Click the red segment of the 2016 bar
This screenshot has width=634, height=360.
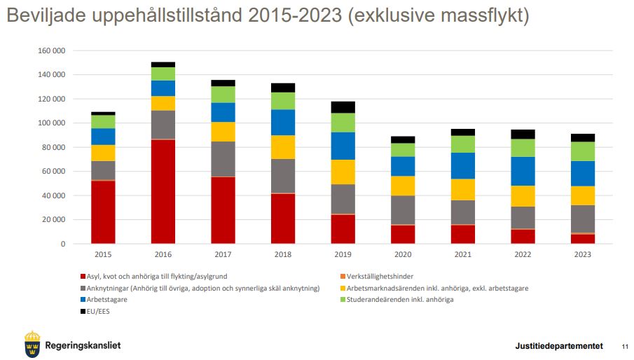tap(163, 191)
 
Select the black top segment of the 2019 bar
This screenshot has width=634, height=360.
tap(343, 107)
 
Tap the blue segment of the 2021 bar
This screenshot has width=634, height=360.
tap(462, 165)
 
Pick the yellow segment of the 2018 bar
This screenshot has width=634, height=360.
tap(282, 147)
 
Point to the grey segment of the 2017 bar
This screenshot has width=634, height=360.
tap(223, 159)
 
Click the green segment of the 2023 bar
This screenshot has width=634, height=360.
tap(583, 151)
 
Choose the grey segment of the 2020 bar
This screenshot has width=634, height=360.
tap(403, 210)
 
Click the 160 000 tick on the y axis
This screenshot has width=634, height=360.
tap(52, 50)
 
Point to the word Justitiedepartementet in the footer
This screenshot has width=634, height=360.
tap(558, 346)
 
